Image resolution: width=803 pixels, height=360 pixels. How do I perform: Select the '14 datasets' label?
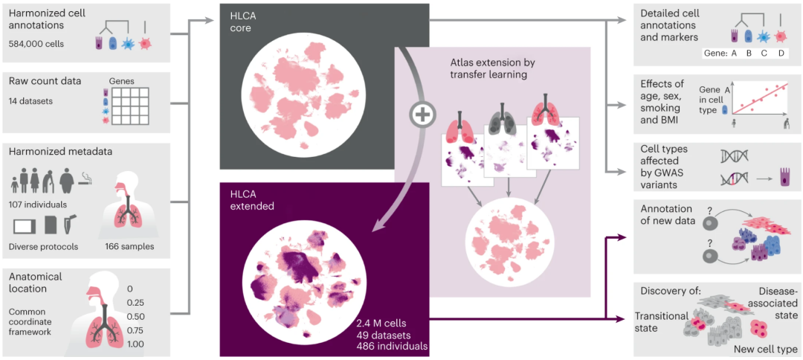click(32, 100)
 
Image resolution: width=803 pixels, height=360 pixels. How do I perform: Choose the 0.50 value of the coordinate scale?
click(135, 316)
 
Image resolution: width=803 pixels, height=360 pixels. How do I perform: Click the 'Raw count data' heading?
click(45, 81)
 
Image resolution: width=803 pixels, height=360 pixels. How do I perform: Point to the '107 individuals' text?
click(39, 205)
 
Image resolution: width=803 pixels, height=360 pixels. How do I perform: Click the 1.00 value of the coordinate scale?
click(135, 344)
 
